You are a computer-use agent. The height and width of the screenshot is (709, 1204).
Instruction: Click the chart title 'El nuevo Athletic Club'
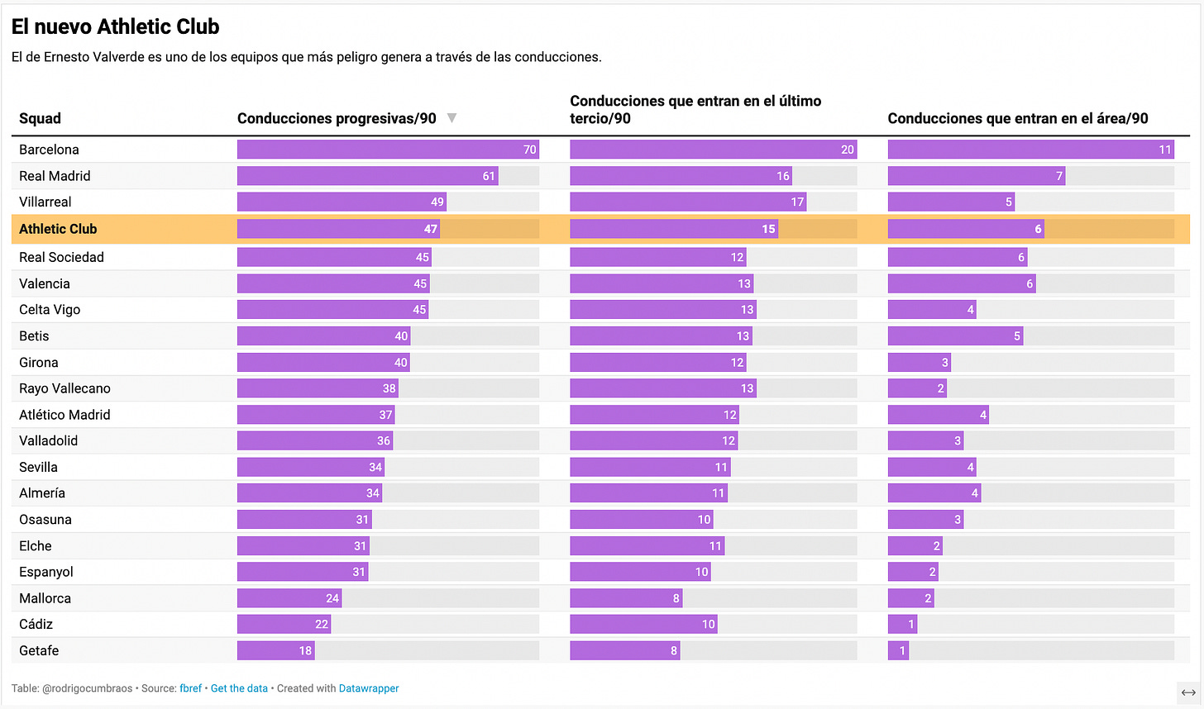116,26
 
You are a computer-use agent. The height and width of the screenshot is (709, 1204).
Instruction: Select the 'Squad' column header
40,118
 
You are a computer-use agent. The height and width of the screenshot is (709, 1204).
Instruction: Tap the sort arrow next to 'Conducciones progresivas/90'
451,118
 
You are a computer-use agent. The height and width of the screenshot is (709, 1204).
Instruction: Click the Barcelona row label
49,150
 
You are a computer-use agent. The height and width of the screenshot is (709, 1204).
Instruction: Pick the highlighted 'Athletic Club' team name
58,229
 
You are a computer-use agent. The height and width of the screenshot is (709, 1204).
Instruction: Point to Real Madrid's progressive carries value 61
489,176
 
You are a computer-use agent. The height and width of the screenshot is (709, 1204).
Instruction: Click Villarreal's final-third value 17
797,202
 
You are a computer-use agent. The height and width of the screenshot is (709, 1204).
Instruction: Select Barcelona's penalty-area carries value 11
1165,150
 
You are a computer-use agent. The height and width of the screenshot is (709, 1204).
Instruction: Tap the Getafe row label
39,650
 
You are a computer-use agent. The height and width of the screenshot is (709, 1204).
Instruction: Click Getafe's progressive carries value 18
305,650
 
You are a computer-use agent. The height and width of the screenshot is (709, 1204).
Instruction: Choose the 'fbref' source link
190,688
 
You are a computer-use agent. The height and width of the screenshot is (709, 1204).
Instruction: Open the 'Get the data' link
239,688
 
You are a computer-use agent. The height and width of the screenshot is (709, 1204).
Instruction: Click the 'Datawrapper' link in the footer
369,688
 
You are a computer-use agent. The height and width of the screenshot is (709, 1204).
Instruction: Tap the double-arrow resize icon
1188,692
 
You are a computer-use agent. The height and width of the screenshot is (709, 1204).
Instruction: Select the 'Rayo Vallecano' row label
64,388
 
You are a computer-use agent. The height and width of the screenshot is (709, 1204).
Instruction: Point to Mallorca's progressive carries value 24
332,598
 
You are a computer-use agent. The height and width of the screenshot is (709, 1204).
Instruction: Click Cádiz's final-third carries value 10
708,624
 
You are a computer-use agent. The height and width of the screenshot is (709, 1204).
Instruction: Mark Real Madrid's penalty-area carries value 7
1058,176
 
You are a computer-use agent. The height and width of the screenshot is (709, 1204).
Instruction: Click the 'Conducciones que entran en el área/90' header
1017,118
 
